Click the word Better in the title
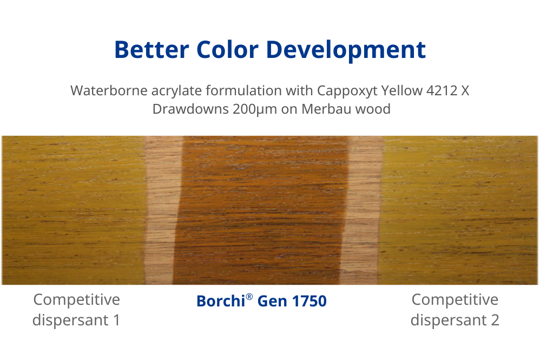152,50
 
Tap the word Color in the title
227,50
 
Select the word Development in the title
346,50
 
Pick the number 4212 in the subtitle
442,90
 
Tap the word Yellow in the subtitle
401,90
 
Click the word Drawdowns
190,109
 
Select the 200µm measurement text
255,109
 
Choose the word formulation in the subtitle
244,90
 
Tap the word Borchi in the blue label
221,301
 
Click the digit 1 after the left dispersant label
117,320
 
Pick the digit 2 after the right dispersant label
495,320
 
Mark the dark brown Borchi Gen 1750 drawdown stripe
262,210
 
